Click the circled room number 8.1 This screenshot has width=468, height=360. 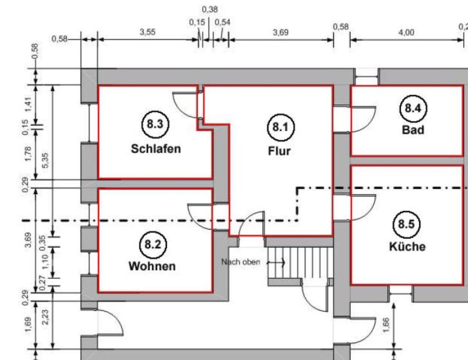280,128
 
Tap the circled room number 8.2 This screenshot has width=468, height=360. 152,244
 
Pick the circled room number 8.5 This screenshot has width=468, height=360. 407,225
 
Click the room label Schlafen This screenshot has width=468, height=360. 156,149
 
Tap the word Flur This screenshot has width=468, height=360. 279,151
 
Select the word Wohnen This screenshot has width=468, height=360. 152,266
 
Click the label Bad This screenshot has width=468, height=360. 413,130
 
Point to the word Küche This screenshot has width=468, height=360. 407,247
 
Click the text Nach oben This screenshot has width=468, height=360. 240,262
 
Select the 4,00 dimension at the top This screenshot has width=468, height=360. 406,32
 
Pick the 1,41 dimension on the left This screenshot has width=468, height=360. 28,104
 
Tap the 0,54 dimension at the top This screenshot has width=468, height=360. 223,22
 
